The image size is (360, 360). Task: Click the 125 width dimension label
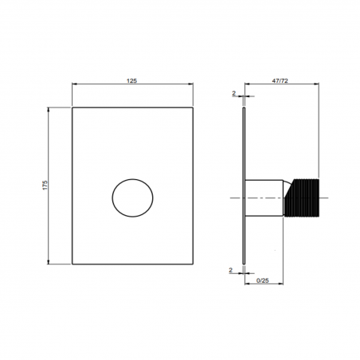click(132, 80)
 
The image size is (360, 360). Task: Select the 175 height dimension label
click(45, 185)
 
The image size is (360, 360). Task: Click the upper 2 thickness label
click(233, 93)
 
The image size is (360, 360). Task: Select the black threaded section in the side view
click(303, 197)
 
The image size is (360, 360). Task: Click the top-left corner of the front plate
click(72, 107)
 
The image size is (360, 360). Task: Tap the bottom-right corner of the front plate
click(193, 264)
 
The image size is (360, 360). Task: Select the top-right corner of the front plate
click(193, 107)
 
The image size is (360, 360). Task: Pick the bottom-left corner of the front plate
click(72, 264)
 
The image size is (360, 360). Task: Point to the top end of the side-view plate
click(243, 108)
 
